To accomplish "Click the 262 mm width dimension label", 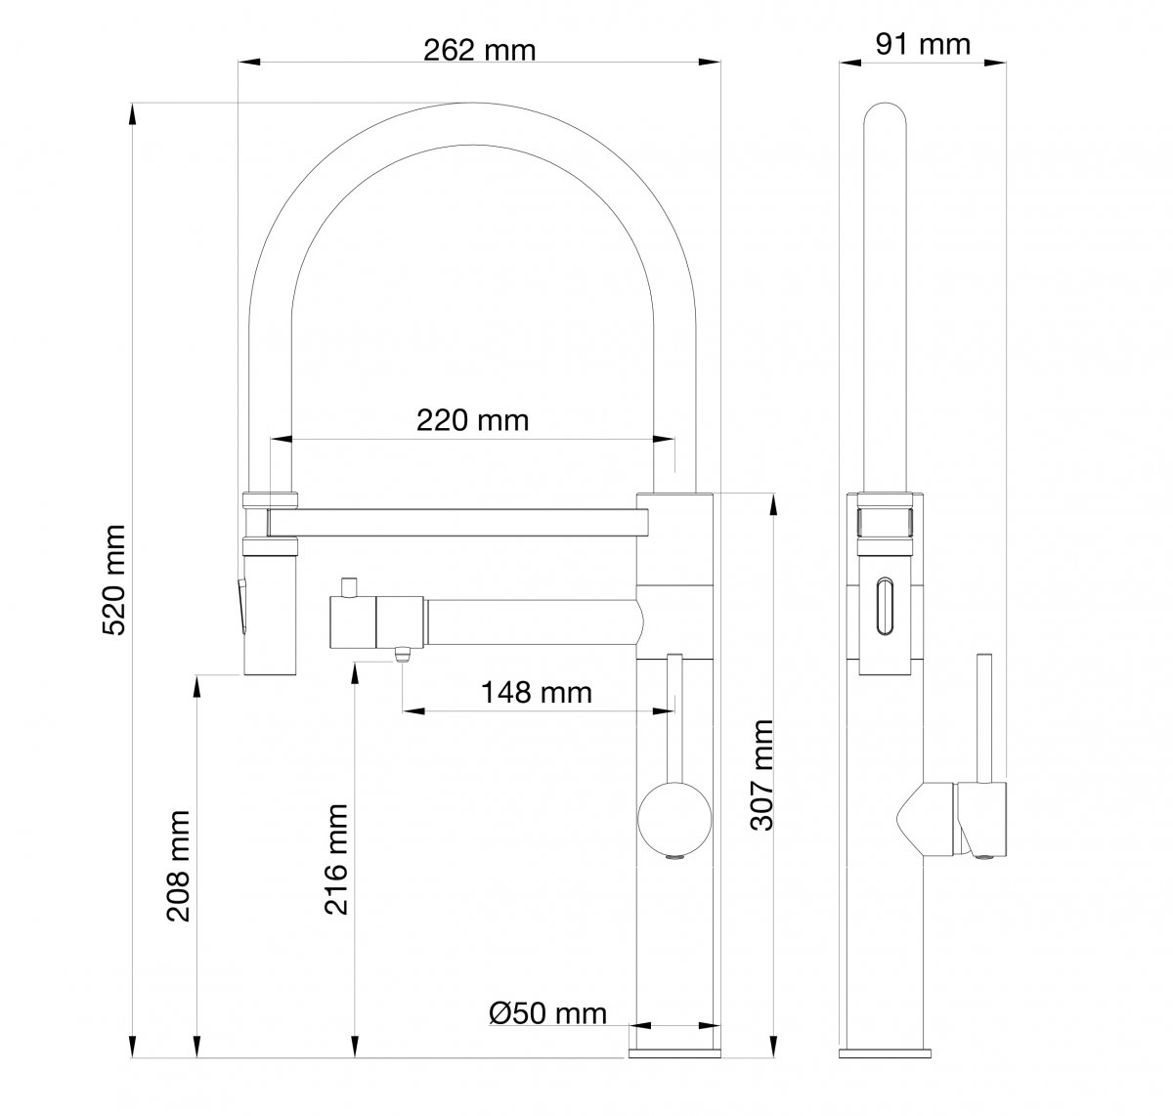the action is point(479,50).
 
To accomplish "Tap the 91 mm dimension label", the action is point(923,45).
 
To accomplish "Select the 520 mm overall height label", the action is point(114,579).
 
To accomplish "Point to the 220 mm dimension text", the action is point(472,420).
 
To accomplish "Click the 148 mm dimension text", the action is point(536,693).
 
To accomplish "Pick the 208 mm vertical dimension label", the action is point(179,866).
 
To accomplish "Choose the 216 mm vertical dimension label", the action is point(336,860).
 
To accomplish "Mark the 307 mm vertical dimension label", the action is point(761,775).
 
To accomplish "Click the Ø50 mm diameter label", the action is point(547,1013).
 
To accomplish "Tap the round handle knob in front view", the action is point(674,819).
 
